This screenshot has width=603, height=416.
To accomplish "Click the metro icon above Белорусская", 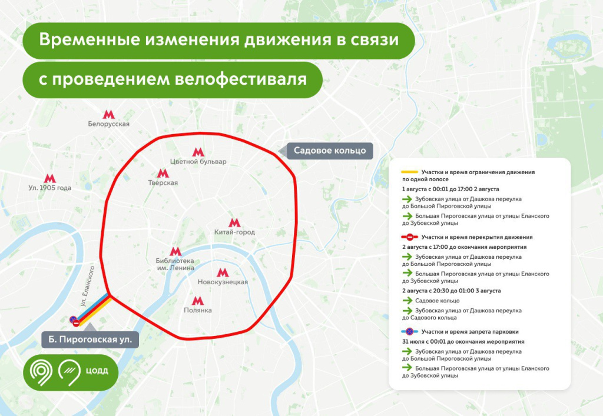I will click(108, 114).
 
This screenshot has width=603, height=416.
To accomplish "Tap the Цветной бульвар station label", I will click(198, 161).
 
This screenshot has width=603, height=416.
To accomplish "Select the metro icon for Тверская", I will click(163, 174).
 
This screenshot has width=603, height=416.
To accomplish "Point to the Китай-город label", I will click(234, 232).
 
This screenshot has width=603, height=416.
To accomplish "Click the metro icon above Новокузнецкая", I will click(223, 272).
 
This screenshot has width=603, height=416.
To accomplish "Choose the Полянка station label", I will click(198, 310).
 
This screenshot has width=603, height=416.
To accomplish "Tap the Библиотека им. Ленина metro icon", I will click(175, 251).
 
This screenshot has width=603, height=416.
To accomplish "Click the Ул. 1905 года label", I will click(49, 188).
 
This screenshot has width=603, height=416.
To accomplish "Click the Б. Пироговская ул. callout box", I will click(91, 339).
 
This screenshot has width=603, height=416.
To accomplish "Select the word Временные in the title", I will click(83, 40).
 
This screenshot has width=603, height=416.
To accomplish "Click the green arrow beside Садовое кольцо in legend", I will click(408, 300).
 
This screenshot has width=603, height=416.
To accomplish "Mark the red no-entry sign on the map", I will click(77, 323).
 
